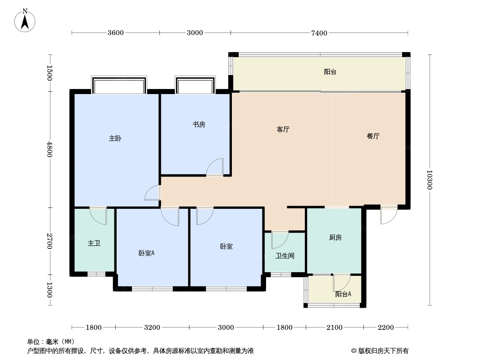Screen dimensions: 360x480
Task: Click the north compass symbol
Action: (26, 20)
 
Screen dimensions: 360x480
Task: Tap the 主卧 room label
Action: (115, 139)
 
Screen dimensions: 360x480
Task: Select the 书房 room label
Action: (199, 124)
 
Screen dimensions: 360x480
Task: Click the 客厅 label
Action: (283, 130)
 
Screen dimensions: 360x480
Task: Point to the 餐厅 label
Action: (373, 136)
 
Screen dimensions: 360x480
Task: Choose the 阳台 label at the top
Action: (330, 72)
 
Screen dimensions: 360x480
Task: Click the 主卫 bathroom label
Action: (94, 243)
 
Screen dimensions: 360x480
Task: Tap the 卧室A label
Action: (146, 253)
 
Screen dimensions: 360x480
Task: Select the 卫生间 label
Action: (285, 256)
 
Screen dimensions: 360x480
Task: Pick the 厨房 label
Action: (335, 238)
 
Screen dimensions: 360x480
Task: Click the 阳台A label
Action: (343, 294)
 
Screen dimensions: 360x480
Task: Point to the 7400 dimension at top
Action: (319, 33)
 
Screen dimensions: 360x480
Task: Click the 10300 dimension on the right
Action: (430, 180)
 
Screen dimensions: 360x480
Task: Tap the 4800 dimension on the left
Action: (50, 149)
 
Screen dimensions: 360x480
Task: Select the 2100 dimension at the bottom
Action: (335, 327)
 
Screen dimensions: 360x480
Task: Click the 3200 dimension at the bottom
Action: (152, 327)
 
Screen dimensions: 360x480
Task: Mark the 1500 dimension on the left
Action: (50, 73)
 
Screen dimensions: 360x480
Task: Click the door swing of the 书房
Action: (216, 167)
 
